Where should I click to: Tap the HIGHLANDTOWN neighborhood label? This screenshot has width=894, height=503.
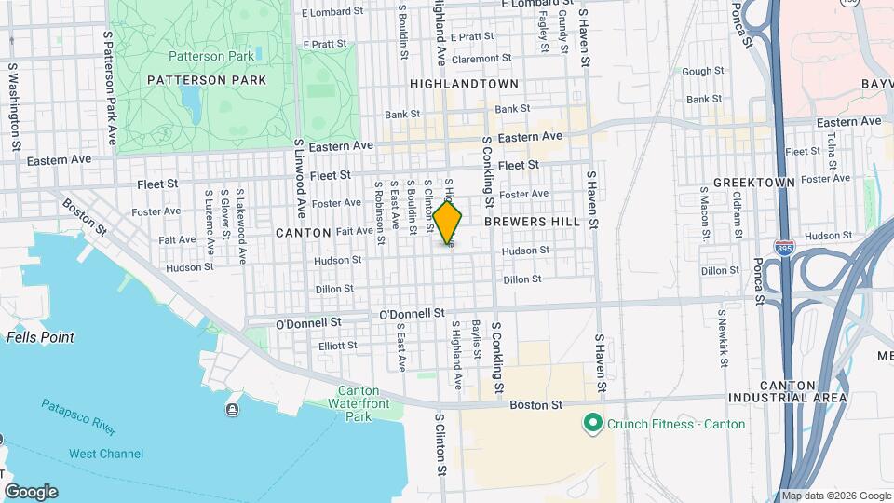(464, 84)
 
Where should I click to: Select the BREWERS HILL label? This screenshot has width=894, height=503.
(533, 222)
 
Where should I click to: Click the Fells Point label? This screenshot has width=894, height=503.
(40, 337)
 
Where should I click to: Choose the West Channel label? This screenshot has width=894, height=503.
(106, 454)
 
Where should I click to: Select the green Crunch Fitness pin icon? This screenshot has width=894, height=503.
(591, 424)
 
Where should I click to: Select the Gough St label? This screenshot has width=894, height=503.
(703, 71)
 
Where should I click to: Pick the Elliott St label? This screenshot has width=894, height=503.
(337, 346)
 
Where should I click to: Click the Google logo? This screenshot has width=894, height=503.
(31, 492)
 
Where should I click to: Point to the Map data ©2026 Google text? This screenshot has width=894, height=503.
(836, 496)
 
